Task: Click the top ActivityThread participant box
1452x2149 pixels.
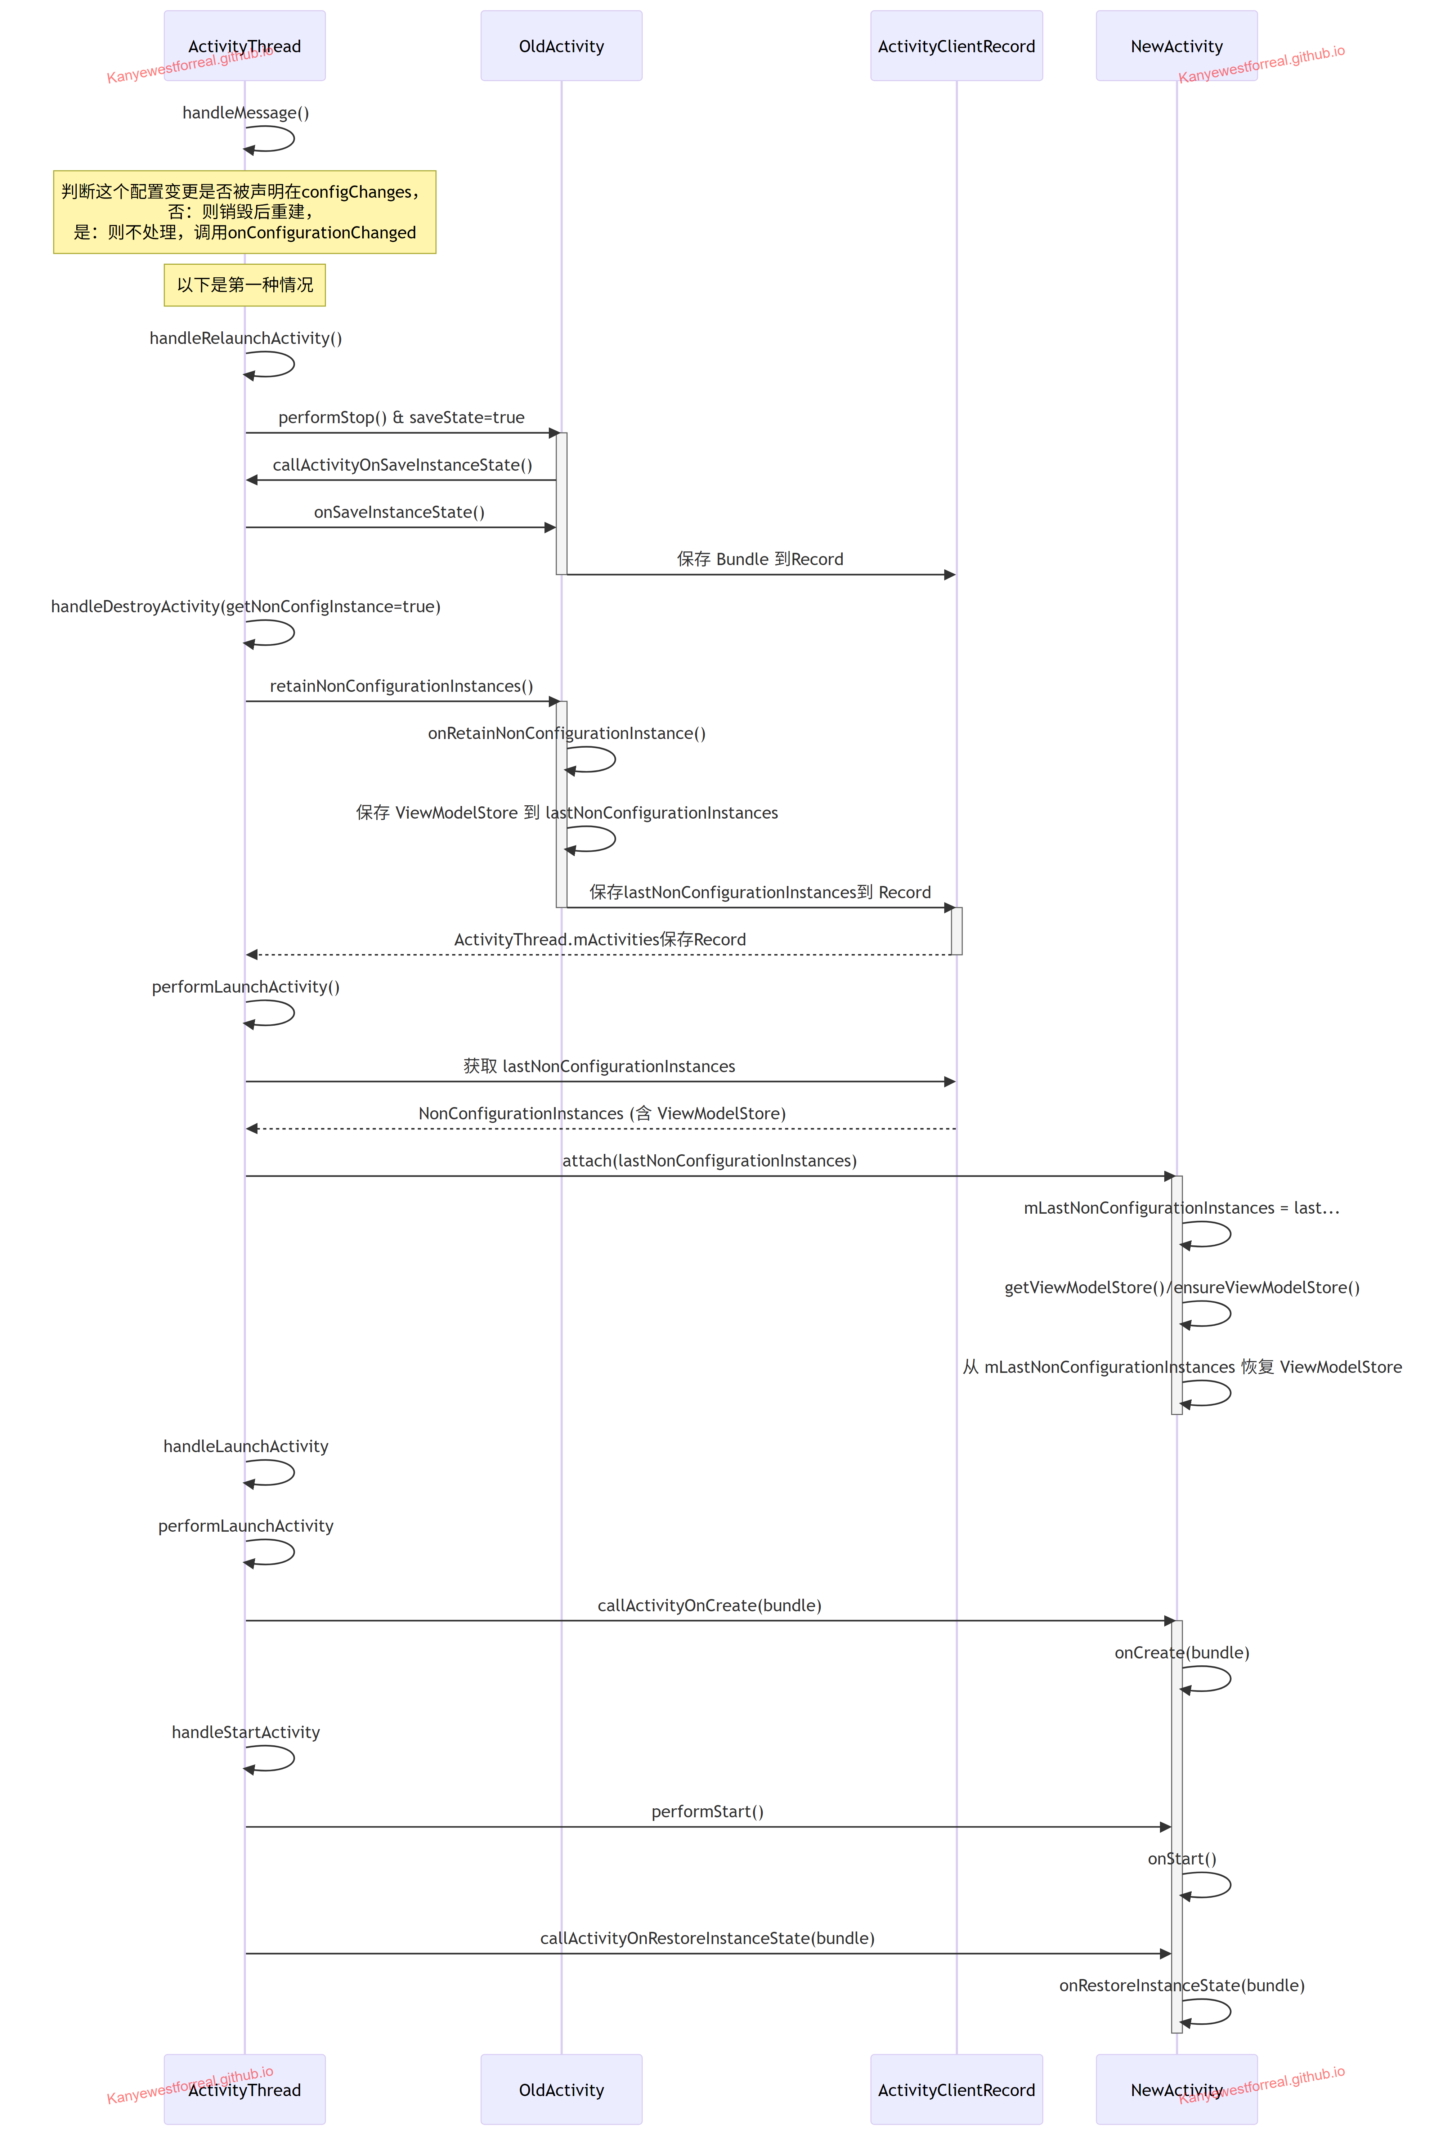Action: click(x=244, y=45)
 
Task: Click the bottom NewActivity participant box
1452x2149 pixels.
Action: click(x=1177, y=2089)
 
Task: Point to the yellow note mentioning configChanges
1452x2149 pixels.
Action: click(x=244, y=212)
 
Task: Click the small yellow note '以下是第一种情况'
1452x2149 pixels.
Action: click(x=244, y=285)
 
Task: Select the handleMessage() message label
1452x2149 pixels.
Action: click(x=245, y=113)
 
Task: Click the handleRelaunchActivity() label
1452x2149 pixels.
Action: click(x=245, y=339)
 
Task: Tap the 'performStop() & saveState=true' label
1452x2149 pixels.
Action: click(x=402, y=418)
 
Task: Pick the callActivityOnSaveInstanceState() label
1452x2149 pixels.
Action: click(x=402, y=465)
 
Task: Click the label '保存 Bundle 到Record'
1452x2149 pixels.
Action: click(x=760, y=559)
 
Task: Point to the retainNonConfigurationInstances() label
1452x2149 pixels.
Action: click(x=402, y=686)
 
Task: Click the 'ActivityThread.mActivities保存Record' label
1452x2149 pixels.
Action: click(x=600, y=940)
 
